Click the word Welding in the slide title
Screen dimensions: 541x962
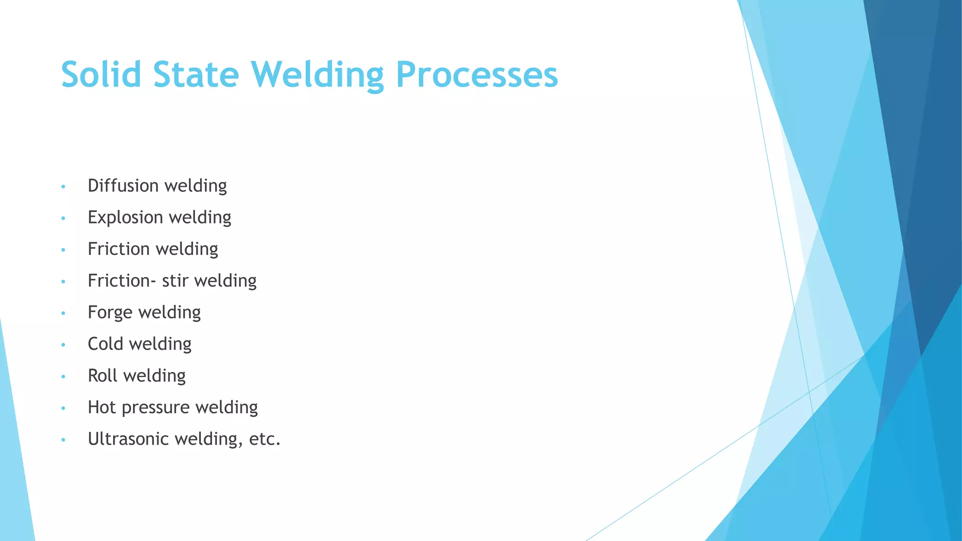(x=318, y=75)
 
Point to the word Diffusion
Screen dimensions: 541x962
(x=123, y=185)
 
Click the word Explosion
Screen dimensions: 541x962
(x=125, y=217)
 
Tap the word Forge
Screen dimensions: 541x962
(x=110, y=313)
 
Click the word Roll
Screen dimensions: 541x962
(x=102, y=376)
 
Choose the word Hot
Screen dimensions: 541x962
(x=101, y=407)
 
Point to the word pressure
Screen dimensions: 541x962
(x=155, y=408)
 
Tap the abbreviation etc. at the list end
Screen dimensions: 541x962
(x=264, y=439)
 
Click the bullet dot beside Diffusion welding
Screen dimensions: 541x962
(x=63, y=187)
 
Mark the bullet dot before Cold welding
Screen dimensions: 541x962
(x=63, y=345)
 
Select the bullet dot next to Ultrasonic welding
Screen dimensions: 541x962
(x=63, y=440)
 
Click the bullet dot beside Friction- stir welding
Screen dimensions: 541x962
(x=63, y=282)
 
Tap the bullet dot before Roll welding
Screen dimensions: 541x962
(x=63, y=377)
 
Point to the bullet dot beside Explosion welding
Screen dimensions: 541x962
(x=63, y=218)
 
